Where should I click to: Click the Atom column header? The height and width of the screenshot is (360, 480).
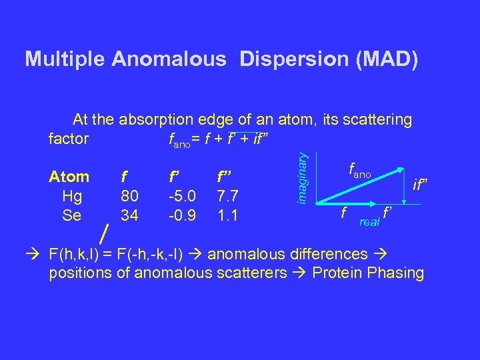pos(69,177)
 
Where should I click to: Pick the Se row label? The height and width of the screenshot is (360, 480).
pos(71,215)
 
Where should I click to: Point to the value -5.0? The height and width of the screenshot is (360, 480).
pos(182,196)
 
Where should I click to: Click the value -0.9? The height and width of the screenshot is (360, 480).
pos(182,215)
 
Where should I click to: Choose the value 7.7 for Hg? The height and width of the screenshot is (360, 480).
pos(227,196)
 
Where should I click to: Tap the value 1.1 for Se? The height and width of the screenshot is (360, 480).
pos(227,215)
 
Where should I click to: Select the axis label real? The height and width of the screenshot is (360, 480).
pos(368,222)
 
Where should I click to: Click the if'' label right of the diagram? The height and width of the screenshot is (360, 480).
pos(421,181)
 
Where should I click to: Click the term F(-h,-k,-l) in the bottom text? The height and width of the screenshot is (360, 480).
pos(167,254)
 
